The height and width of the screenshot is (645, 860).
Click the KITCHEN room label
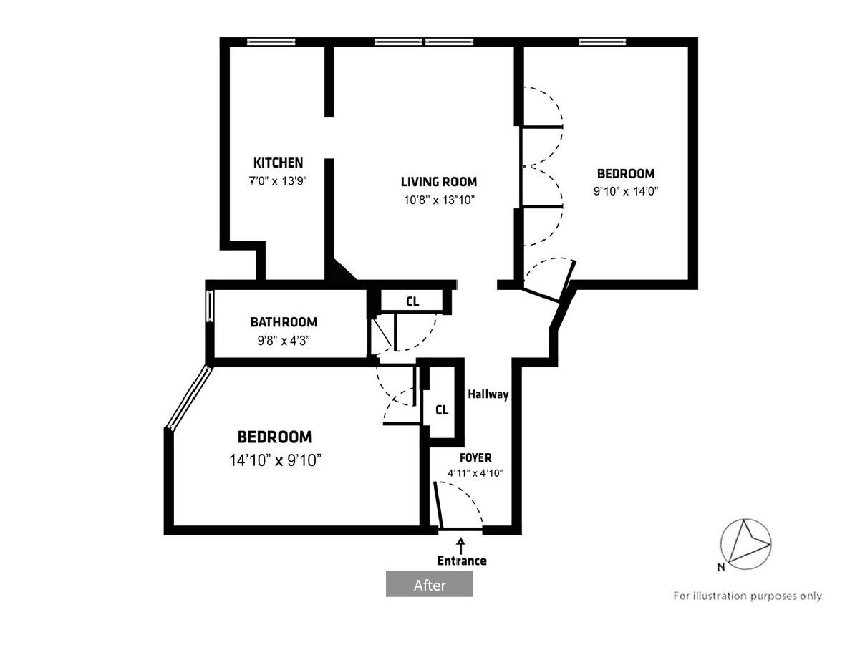pos(278,163)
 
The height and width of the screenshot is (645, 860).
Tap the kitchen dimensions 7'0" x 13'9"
pos(278,181)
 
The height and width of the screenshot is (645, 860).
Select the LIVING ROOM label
pos(439,182)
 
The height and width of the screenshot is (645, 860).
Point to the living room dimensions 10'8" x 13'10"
pos(439,200)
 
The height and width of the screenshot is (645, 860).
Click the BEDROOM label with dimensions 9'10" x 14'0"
pos(626,173)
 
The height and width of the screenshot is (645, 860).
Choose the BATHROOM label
pos(284,322)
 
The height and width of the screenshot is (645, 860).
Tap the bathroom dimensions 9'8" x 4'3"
pos(284,341)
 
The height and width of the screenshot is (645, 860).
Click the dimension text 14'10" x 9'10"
pos(276,460)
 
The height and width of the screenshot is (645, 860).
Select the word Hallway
pos(488,394)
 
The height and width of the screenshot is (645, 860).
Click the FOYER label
pos(475,457)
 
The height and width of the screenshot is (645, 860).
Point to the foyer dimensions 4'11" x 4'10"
pos(475,473)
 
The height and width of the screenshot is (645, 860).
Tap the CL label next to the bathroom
pos(412,301)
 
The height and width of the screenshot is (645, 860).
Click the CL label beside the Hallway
pos(442,410)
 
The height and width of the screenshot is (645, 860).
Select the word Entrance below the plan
pos(462,561)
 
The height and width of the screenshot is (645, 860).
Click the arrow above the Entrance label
pos(461,546)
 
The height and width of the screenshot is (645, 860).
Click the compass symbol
pos(746,544)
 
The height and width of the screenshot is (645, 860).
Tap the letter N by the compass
pos(721,567)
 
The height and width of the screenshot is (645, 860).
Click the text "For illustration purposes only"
pos(748,596)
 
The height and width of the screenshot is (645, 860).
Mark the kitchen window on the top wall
pos(271,42)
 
